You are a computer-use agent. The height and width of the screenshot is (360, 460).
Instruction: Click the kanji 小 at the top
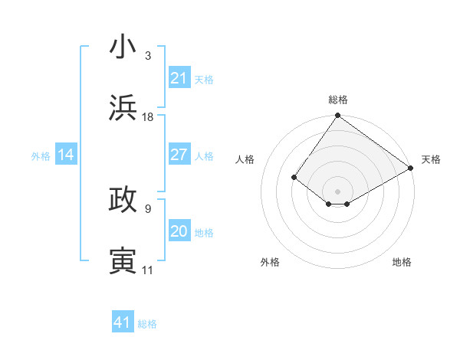click(123, 47)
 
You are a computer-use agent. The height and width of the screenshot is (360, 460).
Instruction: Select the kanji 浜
click(123, 108)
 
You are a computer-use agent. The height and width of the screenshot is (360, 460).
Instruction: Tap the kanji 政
click(123, 200)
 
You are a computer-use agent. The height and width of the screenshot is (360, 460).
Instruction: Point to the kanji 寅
click(123, 261)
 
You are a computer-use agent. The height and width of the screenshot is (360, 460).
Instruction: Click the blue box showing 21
click(179, 78)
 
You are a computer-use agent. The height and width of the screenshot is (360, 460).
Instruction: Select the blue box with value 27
click(179, 155)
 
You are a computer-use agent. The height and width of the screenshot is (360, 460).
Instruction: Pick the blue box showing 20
click(179, 231)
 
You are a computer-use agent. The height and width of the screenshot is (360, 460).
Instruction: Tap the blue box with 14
click(65, 155)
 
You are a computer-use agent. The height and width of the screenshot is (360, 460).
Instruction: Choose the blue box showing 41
click(123, 322)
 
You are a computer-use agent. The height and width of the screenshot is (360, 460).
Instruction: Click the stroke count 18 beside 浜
click(148, 117)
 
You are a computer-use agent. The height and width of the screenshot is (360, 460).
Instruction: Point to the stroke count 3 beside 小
click(148, 56)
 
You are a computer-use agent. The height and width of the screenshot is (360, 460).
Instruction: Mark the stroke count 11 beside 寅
click(148, 270)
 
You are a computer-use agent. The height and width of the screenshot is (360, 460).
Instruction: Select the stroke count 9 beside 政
click(148, 208)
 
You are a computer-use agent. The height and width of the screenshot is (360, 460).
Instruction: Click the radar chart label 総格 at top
click(337, 100)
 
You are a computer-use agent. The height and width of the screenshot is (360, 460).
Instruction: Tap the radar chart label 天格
click(431, 159)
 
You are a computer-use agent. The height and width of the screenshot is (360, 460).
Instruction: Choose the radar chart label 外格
click(270, 262)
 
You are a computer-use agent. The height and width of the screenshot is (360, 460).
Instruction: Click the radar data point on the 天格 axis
click(411, 168)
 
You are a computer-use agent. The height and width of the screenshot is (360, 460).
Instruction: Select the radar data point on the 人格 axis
click(294, 178)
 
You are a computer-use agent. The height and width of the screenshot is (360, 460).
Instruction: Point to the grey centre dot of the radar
click(337, 191)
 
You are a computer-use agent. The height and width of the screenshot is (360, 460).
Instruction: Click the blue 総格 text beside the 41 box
click(147, 324)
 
